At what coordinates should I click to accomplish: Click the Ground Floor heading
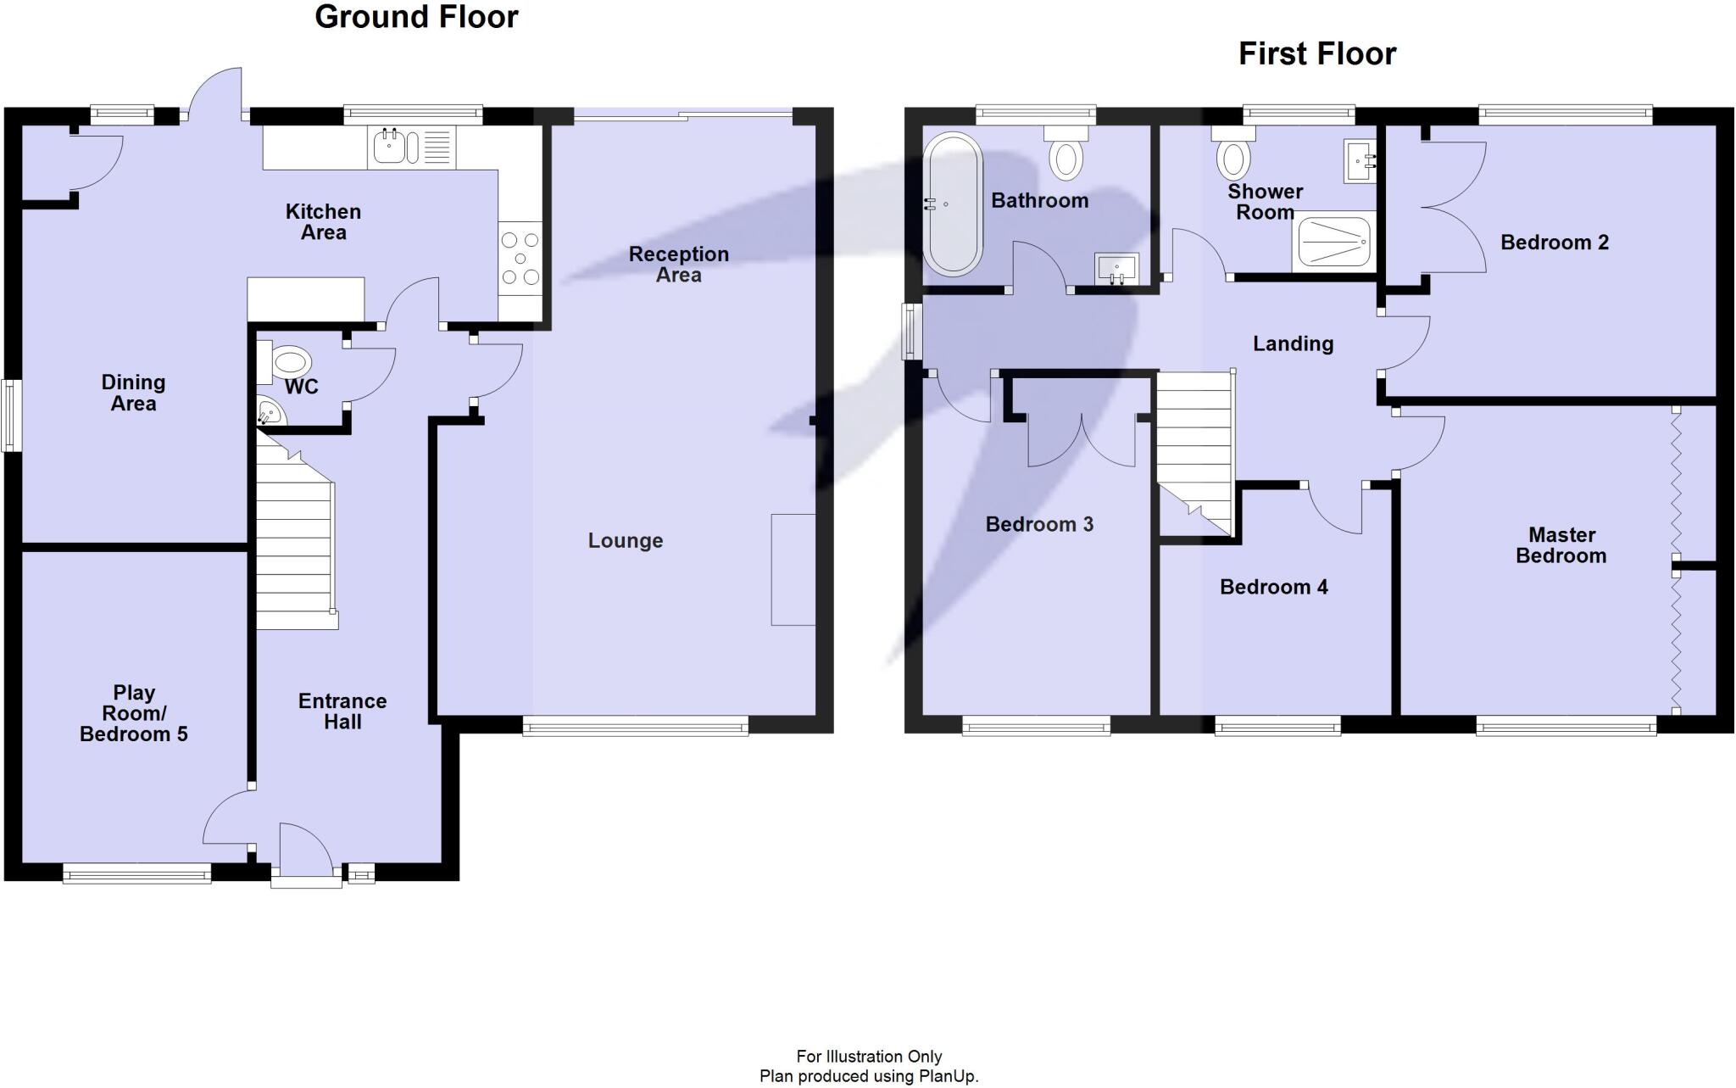[416, 17]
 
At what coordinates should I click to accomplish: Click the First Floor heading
[1316, 54]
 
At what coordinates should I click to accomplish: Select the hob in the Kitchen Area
[520, 258]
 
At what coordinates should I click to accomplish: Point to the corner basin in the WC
[270, 414]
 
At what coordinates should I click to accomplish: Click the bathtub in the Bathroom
[953, 204]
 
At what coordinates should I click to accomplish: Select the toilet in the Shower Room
[1232, 154]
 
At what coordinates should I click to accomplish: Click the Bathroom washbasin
[1116, 269]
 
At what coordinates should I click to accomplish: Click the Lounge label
[626, 541]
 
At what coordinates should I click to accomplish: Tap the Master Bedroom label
[1561, 545]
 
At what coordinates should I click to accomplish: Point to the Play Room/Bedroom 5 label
[134, 713]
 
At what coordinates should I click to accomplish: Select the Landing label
[1293, 343]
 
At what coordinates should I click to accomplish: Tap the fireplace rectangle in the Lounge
[793, 569]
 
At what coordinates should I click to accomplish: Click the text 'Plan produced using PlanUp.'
[868, 1077]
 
